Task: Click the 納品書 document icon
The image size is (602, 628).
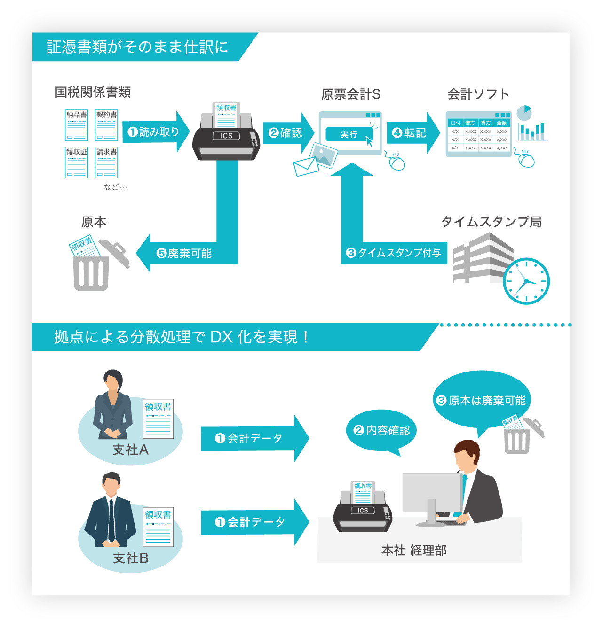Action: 76,125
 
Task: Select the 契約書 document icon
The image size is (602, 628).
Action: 106,125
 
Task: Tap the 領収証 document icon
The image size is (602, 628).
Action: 76,163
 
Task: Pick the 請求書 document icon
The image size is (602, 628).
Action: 106,163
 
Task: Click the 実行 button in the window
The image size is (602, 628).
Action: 349,134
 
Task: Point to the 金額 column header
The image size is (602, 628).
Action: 502,123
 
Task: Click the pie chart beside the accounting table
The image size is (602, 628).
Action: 524,113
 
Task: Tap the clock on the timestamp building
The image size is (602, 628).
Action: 526,281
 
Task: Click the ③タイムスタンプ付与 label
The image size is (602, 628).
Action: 394,253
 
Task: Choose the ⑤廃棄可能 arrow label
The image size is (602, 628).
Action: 184,253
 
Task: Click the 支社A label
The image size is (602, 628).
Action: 130,450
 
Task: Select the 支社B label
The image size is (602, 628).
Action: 130,558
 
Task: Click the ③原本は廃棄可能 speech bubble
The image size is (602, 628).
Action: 481,400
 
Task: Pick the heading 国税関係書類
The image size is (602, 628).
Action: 93,92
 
